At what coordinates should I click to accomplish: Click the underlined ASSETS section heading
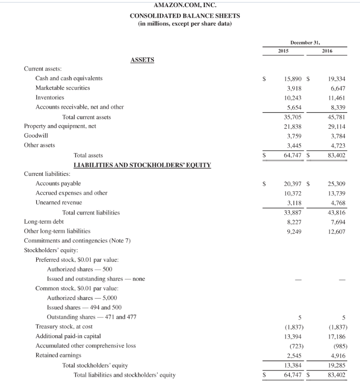point(142,60)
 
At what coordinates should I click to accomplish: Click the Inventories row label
point(49,97)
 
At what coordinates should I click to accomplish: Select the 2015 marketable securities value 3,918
point(293,88)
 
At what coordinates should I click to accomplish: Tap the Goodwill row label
point(35,136)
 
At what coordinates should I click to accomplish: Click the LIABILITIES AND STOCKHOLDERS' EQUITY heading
point(142,165)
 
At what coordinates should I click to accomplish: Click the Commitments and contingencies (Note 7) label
point(77,241)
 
